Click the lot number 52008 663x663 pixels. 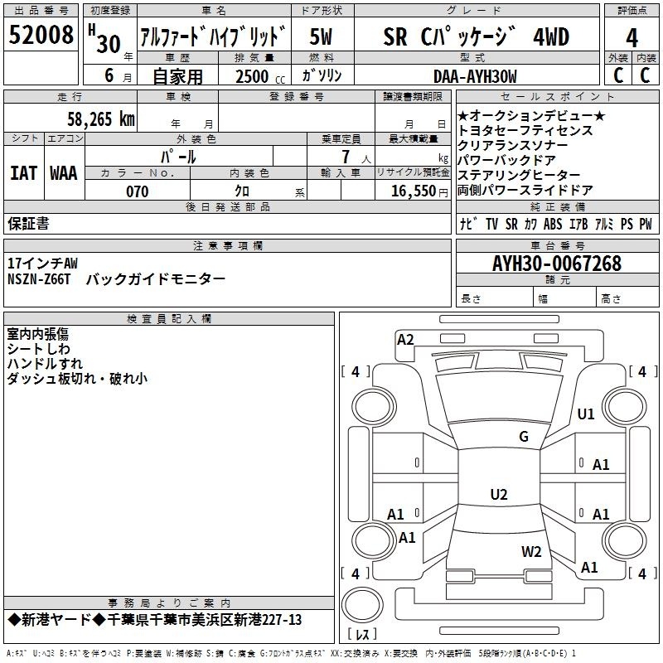[x=41, y=34]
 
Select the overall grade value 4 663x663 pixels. [x=632, y=38]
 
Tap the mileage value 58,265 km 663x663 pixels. [x=101, y=119]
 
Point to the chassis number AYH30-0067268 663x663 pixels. [x=557, y=264]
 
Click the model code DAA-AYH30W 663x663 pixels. [x=475, y=76]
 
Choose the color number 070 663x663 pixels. [x=138, y=191]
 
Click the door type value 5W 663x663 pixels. [x=321, y=36]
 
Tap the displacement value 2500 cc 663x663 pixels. [x=260, y=76]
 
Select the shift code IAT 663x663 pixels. [x=23, y=173]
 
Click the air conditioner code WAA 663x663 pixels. [x=64, y=173]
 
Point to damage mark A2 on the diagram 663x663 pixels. [x=405, y=340]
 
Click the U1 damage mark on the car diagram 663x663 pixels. [x=586, y=414]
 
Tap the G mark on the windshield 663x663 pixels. [x=524, y=437]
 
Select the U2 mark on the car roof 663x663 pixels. [x=499, y=494]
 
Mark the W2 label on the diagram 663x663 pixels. [x=531, y=551]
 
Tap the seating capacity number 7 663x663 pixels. [x=346, y=157]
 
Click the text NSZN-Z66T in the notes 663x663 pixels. [x=39, y=279]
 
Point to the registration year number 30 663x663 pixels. [x=109, y=44]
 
